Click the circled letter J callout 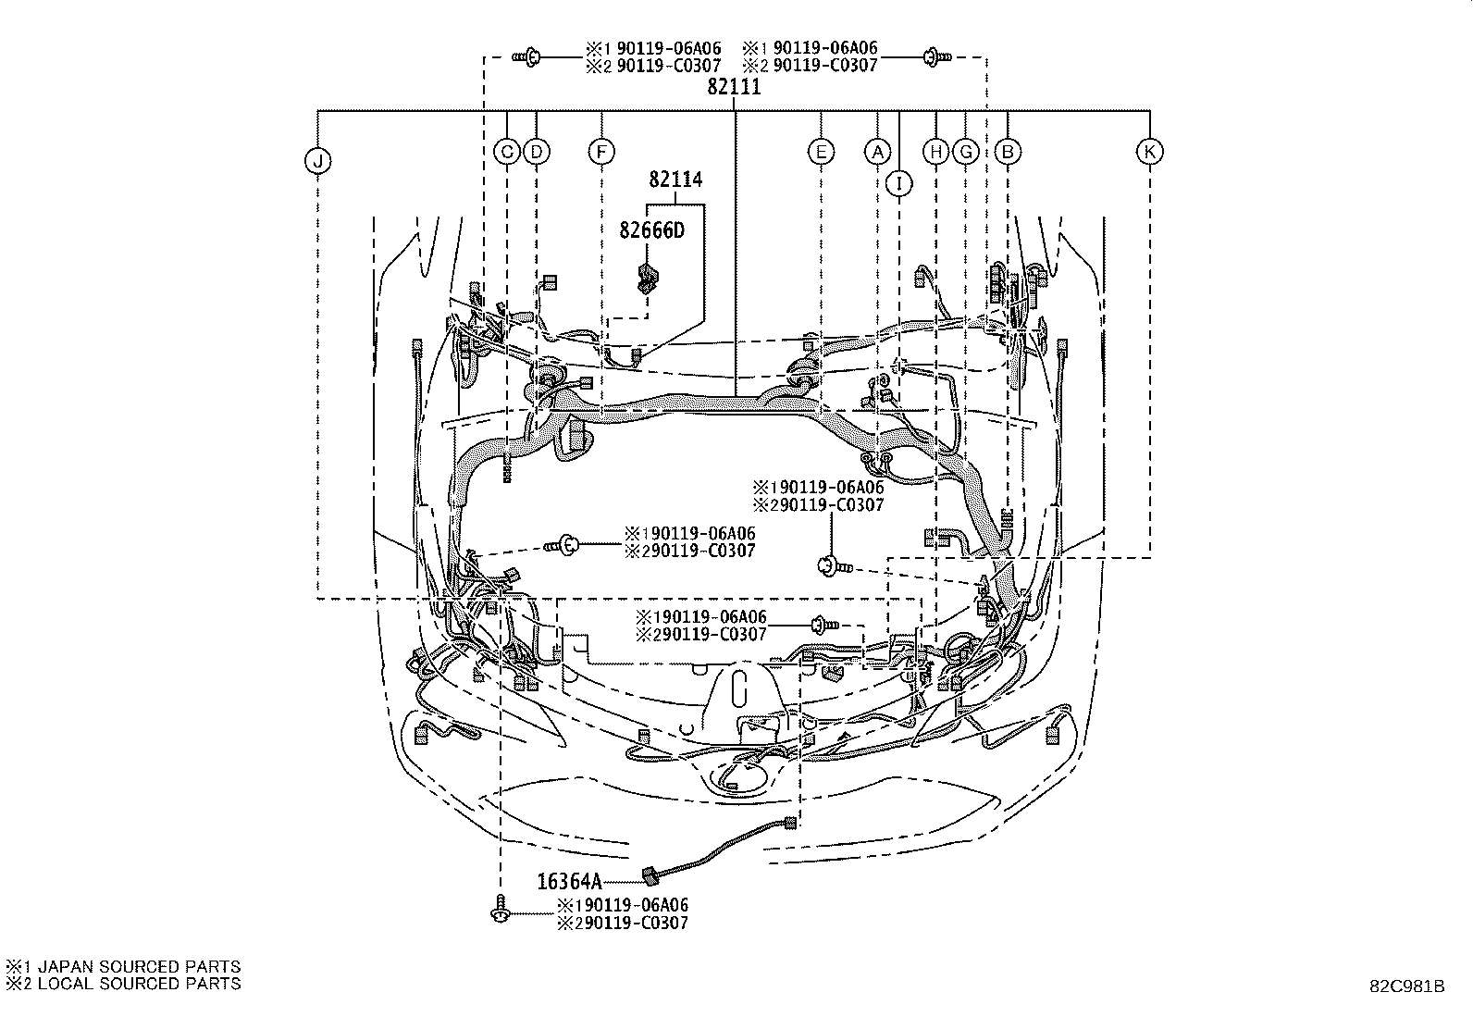coord(317,162)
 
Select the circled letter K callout coord(1149,151)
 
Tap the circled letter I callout coord(898,183)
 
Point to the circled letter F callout coord(601,151)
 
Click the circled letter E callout coord(821,151)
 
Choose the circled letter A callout coord(877,151)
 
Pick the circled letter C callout coord(507,151)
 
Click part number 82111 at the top coord(734,87)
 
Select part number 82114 coord(675,180)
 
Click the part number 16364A coord(569,882)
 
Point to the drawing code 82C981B coord(1407,986)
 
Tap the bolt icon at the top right coord(935,57)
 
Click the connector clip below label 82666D coord(647,277)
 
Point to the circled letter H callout coord(936,151)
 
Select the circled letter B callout coord(1008,151)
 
